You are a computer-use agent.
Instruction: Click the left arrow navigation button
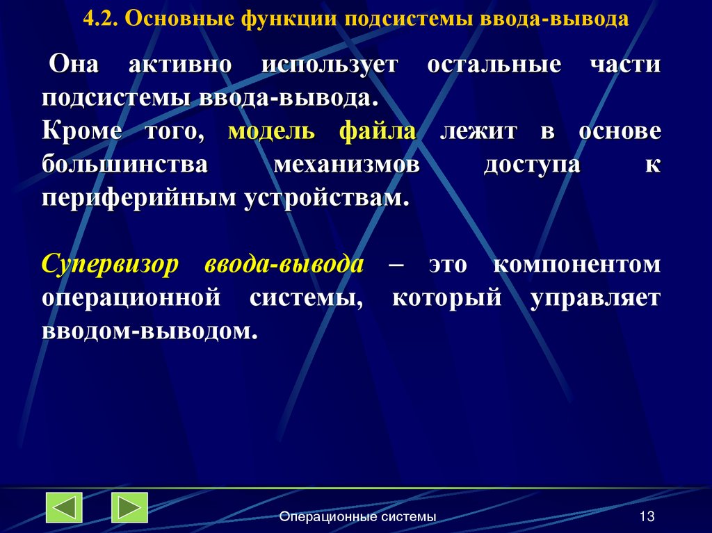[64, 507]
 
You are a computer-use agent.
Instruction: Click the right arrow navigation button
[129, 507]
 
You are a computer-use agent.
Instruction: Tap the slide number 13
[647, 516]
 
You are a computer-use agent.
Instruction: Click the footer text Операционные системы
[357, 516]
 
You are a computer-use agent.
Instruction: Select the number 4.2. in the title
[103, 19]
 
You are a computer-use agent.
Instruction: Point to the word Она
[75, 65]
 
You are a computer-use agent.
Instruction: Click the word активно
[179, 65]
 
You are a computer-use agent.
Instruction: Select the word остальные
[494, 65]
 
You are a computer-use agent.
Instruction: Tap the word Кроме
[81, 132]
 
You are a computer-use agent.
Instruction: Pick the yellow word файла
[378, 132]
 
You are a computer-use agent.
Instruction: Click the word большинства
[124, 165]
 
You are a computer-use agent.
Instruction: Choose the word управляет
[595, 298]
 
